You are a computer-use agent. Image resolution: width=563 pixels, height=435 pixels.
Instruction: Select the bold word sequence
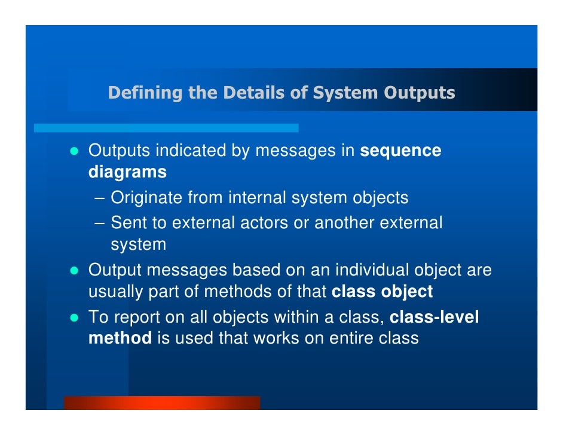pyautogui.click(x=400, y=151)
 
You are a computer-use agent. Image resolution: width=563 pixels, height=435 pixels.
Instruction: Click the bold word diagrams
pyautogui.click(x=127, y=172)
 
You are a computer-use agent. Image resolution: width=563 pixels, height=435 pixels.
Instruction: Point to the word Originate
pyautogui.click(x=147, y=197)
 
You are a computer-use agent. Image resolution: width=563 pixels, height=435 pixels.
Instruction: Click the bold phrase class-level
pyautogui.click(x=434, y=317)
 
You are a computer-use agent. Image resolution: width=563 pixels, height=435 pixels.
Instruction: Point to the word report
pyautogui.click(x=137, y=317)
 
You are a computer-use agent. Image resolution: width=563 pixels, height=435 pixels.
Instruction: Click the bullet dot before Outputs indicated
pyautogui.click(x=75, y=151)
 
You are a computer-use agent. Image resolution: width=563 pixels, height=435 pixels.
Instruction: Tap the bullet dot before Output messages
pyautogui.click(x=75, y=271)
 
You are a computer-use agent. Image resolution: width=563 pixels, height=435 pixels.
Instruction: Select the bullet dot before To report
pyautogui.click(x=75, y=317)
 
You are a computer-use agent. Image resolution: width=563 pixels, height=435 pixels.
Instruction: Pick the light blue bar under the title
pyautogui.click(x=166, y=128)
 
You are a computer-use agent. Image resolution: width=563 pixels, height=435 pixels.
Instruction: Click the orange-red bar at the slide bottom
pyautogui.click(x=161, y=403)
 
